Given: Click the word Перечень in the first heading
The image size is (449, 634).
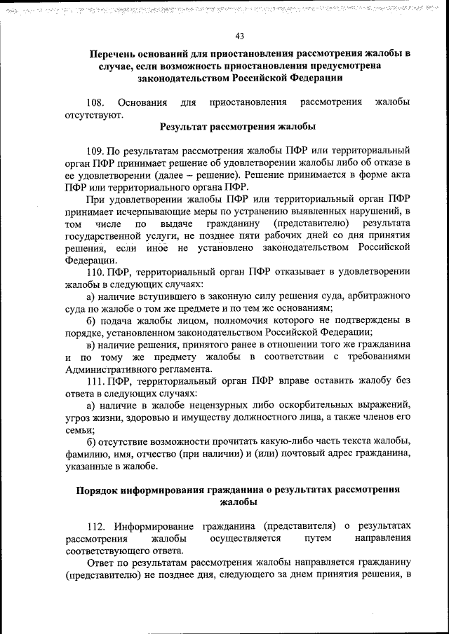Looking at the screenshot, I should point(117,54).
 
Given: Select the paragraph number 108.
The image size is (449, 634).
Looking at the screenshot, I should point(96,103).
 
